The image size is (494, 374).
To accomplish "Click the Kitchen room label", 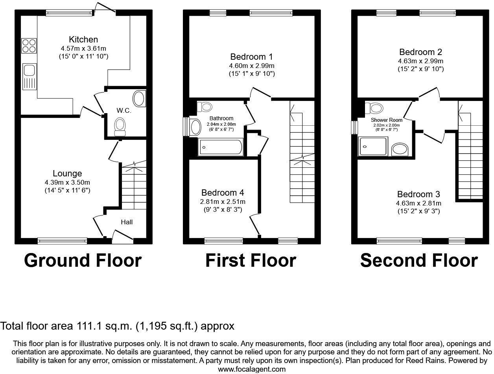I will coord(83,40).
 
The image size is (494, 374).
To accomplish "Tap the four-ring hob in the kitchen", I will coord(29,46).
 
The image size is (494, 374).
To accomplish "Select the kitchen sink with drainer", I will coord(29,76).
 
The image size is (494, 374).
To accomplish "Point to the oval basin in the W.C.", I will coord(139,98).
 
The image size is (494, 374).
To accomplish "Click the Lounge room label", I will coord(67,174).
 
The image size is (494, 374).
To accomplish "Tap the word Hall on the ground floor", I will coord(127,222).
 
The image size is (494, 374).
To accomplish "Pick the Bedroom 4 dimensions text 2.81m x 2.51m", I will coord(223,202).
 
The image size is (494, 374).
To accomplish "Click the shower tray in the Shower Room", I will coord(373,147).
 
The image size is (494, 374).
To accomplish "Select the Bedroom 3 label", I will coord(418,194).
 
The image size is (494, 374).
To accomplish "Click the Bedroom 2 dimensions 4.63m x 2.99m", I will coord(421,61).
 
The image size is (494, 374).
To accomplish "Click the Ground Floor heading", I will coord(83,260).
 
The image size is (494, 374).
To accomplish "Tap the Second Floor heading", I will coord(419,260).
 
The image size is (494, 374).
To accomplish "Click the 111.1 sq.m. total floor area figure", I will coord(105,326).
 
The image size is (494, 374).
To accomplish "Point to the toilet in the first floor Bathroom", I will coord(205,106).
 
